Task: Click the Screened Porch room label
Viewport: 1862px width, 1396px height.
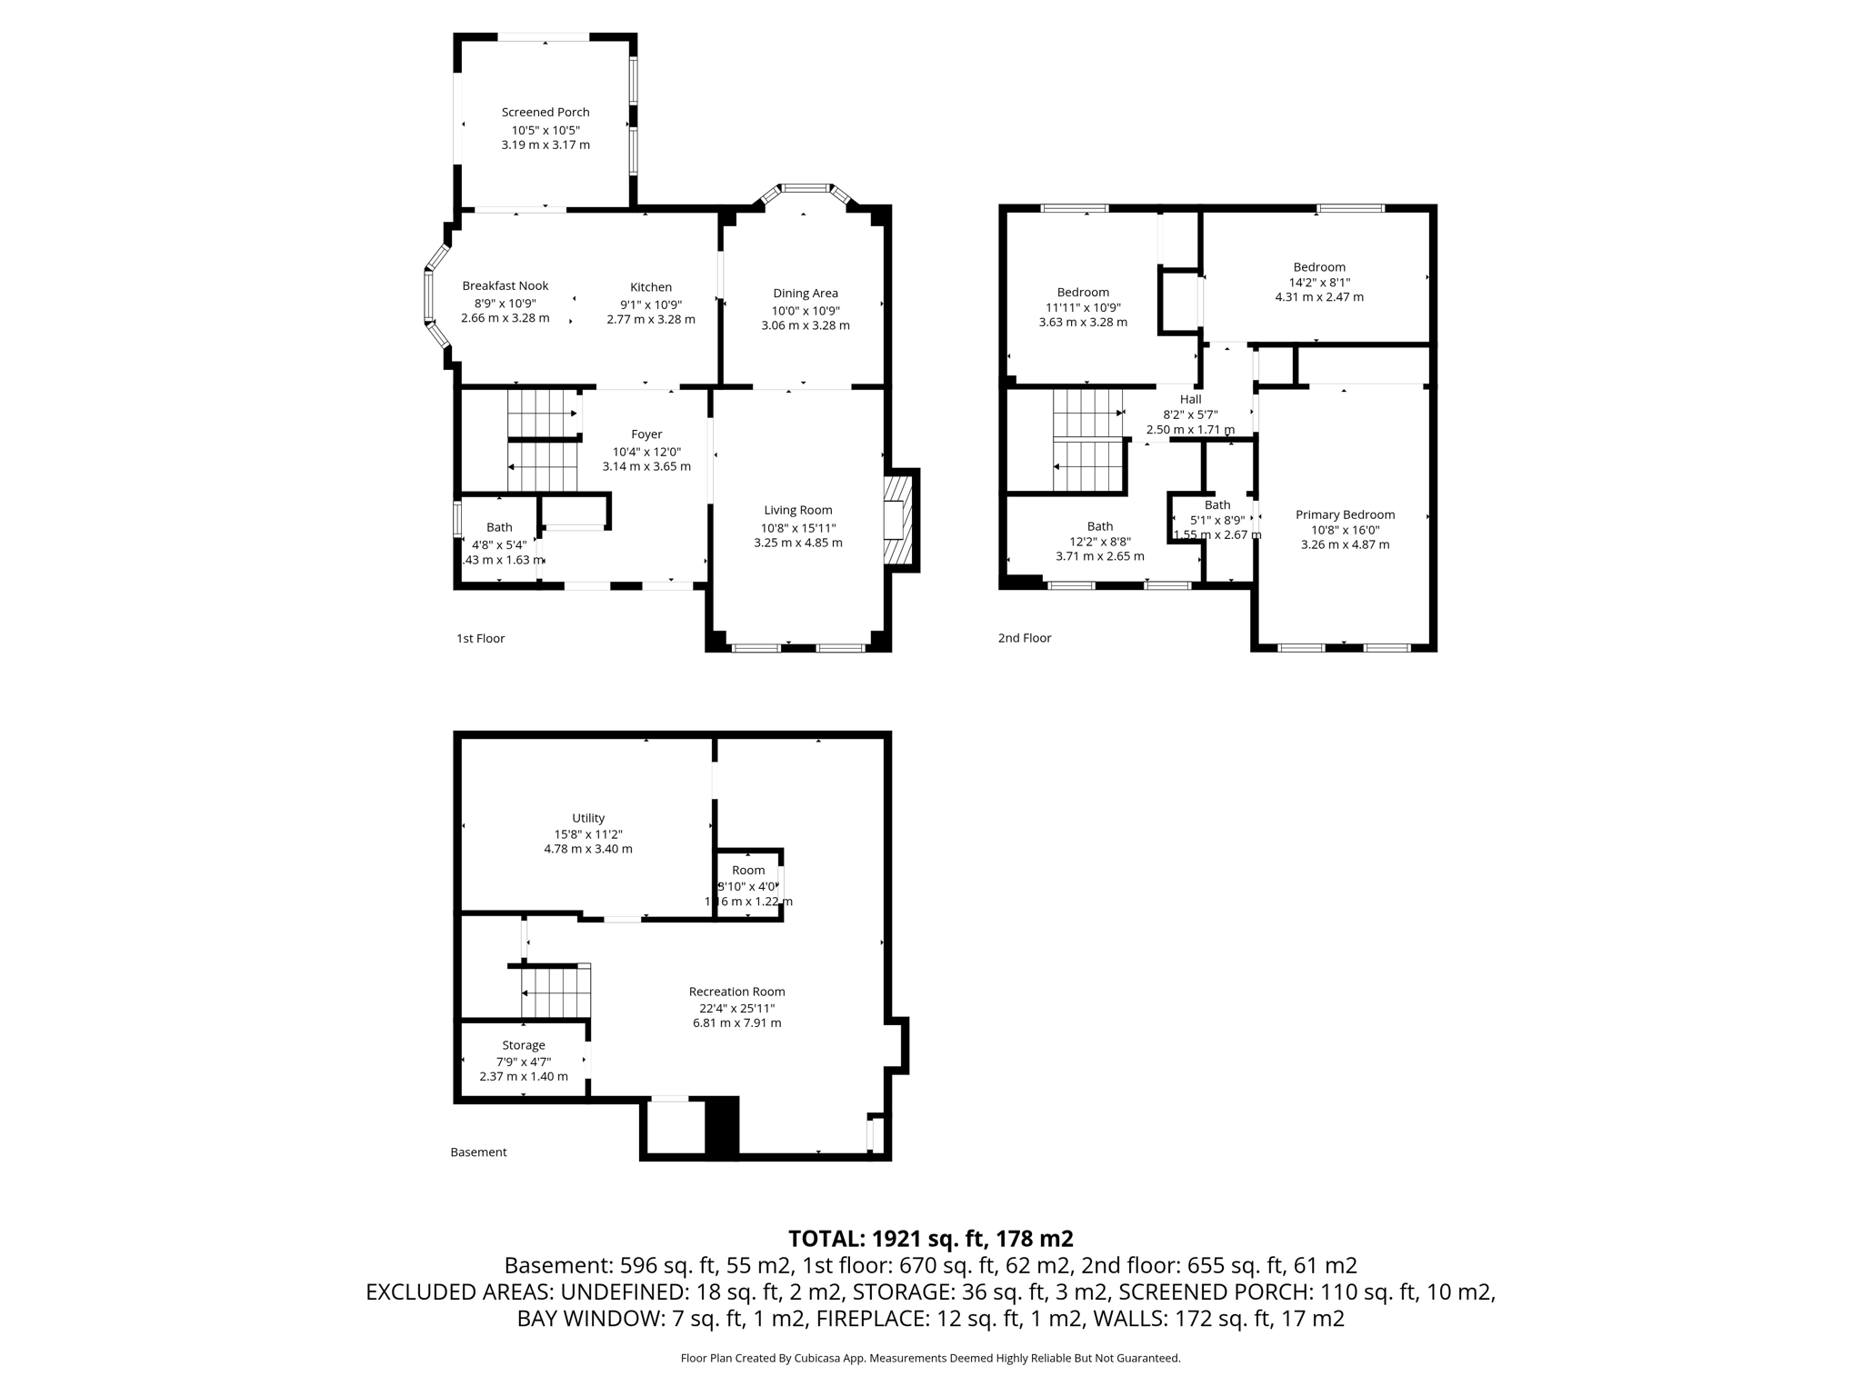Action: point(546,113)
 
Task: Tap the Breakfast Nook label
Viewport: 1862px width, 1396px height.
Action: point(505,286)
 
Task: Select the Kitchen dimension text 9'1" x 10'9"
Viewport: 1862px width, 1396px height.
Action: point(651,304)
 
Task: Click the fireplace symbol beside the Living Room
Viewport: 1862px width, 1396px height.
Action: point(896,520)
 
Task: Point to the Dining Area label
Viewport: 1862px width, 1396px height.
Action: point(805,294)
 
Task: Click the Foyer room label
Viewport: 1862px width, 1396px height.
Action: point(646,434)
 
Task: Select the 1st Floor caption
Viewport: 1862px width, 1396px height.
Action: point(480,639)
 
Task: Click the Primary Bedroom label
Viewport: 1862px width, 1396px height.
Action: point(1345,515)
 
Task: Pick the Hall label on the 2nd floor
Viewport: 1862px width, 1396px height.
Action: point(1190,400)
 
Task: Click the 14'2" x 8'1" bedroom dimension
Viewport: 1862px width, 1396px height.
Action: point(1319,283)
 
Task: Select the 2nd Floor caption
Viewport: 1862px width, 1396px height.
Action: point(1024,638)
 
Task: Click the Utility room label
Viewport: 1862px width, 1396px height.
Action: point(588,818)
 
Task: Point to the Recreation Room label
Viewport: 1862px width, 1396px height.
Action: point(736,992)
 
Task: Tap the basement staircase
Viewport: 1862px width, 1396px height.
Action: point(556,992)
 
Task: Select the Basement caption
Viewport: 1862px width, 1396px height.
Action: point(478,1152)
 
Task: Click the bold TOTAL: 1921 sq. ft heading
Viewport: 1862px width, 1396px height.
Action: point(930,1239)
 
